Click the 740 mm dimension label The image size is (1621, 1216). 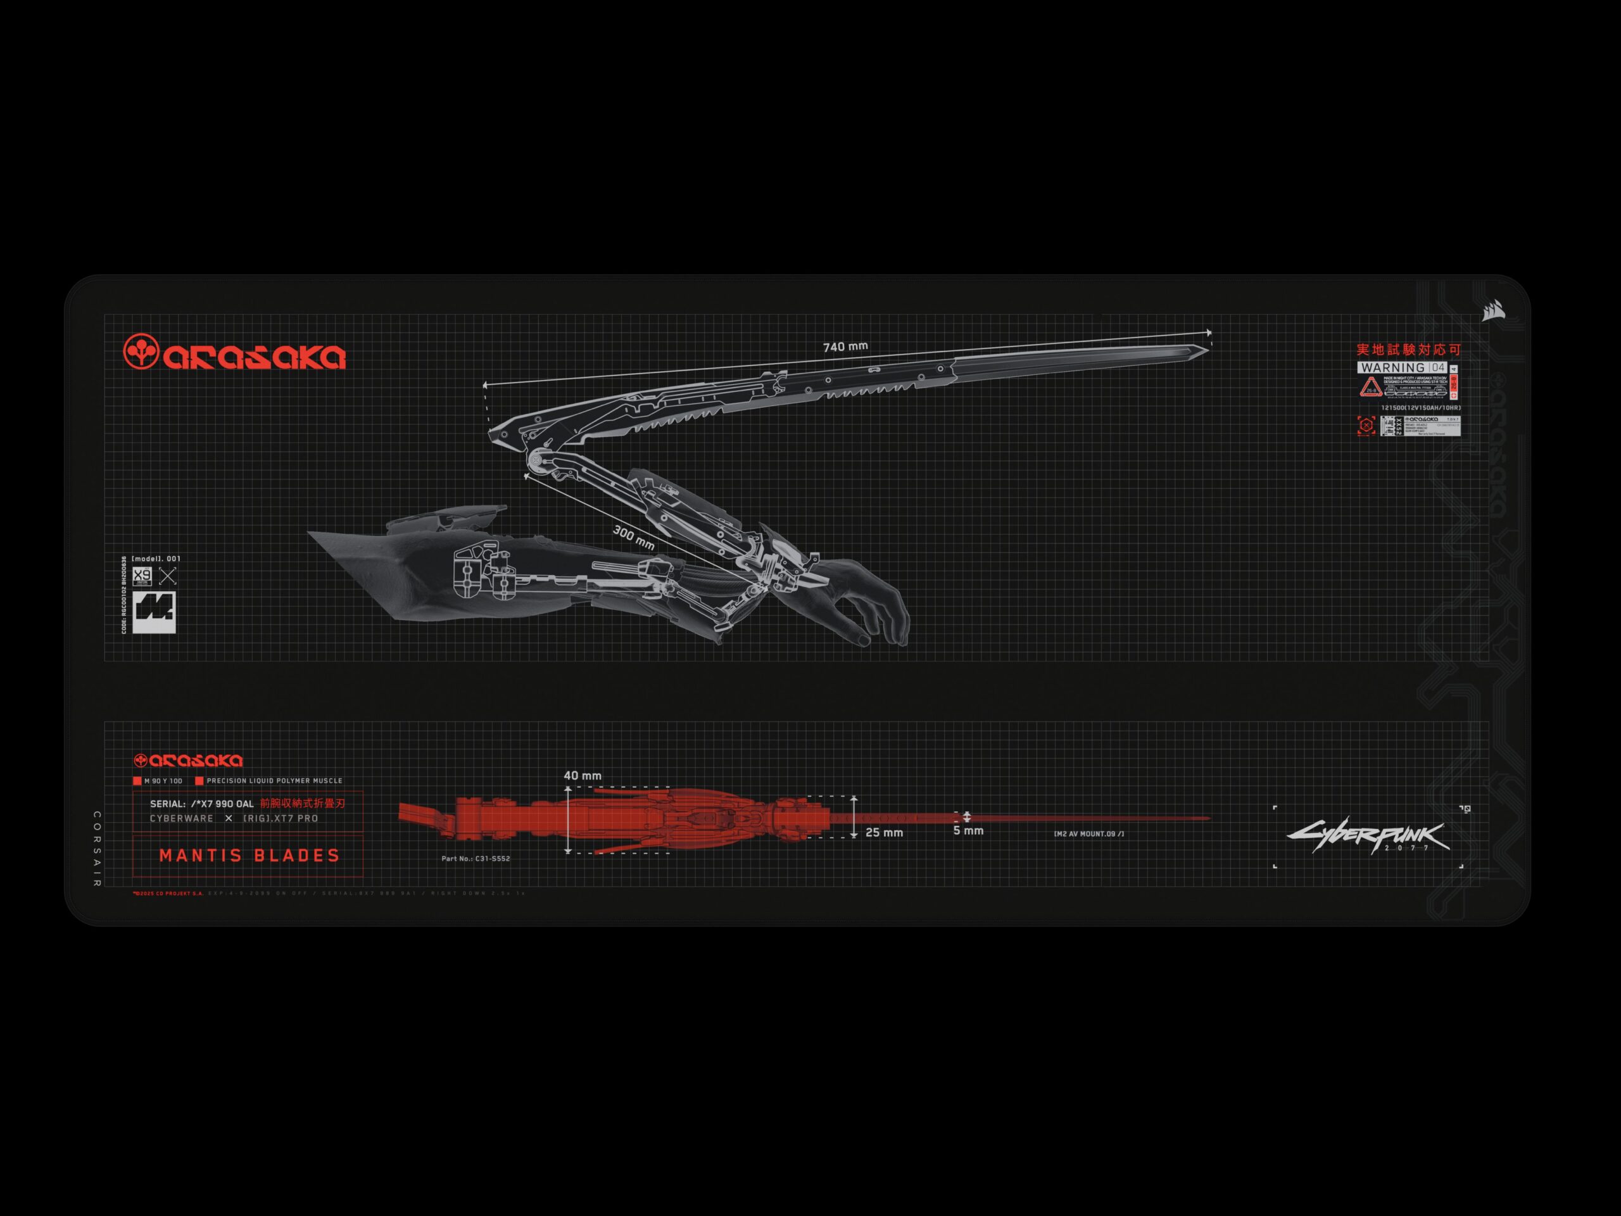coord(845,346)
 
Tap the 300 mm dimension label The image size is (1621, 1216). coord(633,537)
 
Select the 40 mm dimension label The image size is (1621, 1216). coord(583,775)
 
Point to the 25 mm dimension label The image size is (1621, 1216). coord(884,833)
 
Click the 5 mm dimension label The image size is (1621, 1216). coord(968,830)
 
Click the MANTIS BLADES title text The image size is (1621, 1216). coord(249,856)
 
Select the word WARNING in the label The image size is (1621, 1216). coord(1392,367)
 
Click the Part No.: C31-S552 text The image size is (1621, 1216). coord(476,858)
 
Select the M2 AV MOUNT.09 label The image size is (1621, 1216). coord(1088,834)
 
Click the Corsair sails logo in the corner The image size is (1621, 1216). coord(1492,312)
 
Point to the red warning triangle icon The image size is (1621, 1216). coord(1370,386)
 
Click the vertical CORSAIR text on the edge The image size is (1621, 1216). coord(98,849)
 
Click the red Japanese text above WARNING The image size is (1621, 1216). coord(1408,350)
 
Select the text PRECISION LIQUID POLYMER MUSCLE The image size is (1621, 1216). coord(274,781)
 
